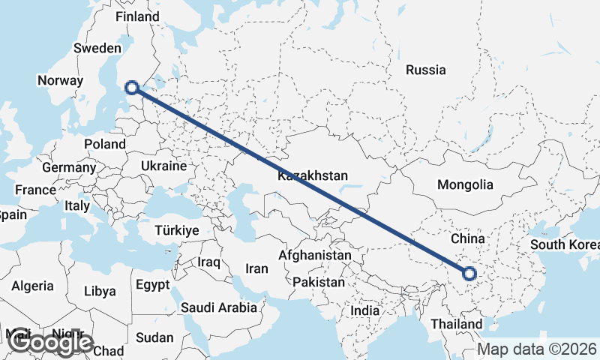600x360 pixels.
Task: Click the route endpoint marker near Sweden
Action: point(132,87)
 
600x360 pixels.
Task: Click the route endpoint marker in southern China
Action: point(471,274)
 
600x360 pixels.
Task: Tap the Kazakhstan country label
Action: point(313,175)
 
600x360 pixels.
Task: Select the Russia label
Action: point(425,70)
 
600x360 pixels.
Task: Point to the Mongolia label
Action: point(466,184)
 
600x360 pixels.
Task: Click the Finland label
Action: point(138,16)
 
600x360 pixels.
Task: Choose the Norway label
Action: point(59,80)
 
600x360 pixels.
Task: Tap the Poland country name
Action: point(105,143)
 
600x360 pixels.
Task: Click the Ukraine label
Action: point(163,166)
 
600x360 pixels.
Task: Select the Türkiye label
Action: point(177,230)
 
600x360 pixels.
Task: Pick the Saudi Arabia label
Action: point(219,307)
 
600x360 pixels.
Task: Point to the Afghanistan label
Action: point(314,256)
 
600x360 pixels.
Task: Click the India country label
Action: point(365,310)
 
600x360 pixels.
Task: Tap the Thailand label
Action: point(457,323)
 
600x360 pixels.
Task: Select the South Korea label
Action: point(565,245)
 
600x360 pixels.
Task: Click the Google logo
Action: point(52,343)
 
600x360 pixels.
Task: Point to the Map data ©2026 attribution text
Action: point(538,349)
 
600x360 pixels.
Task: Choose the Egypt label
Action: point(153,284)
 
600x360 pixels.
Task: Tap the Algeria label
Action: point(32,286)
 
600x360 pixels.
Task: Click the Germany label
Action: point(69,167)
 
